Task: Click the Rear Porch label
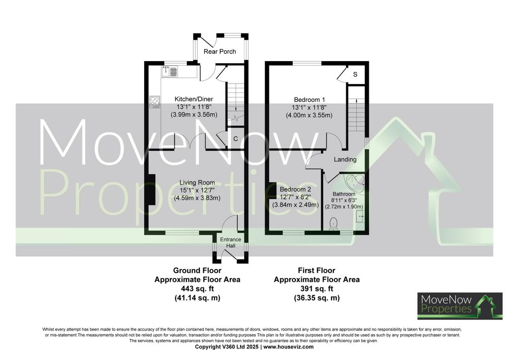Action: (x=220, y=51)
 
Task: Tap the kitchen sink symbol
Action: (x=170, y=71)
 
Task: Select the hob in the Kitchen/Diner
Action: (x=155, y=102)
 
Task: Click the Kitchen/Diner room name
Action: (x=194, y=99)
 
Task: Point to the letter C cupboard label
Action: (x=236, y=139)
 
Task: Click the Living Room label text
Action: (x=197, y=183)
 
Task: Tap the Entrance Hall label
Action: (x=231, y=243)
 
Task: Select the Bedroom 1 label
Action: (x=309, y=99)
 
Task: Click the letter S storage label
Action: (x=355, y=75)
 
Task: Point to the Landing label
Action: (x=345, y=160)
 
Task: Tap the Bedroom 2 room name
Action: (x=295, y=189)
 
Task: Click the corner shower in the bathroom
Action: (x=355, y=184)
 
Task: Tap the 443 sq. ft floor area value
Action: (x=197, y=288)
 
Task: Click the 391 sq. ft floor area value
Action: (x=317, y=288)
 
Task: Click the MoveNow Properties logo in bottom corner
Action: (x=460, y=306)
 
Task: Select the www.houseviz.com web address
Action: (x=289, y=347)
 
